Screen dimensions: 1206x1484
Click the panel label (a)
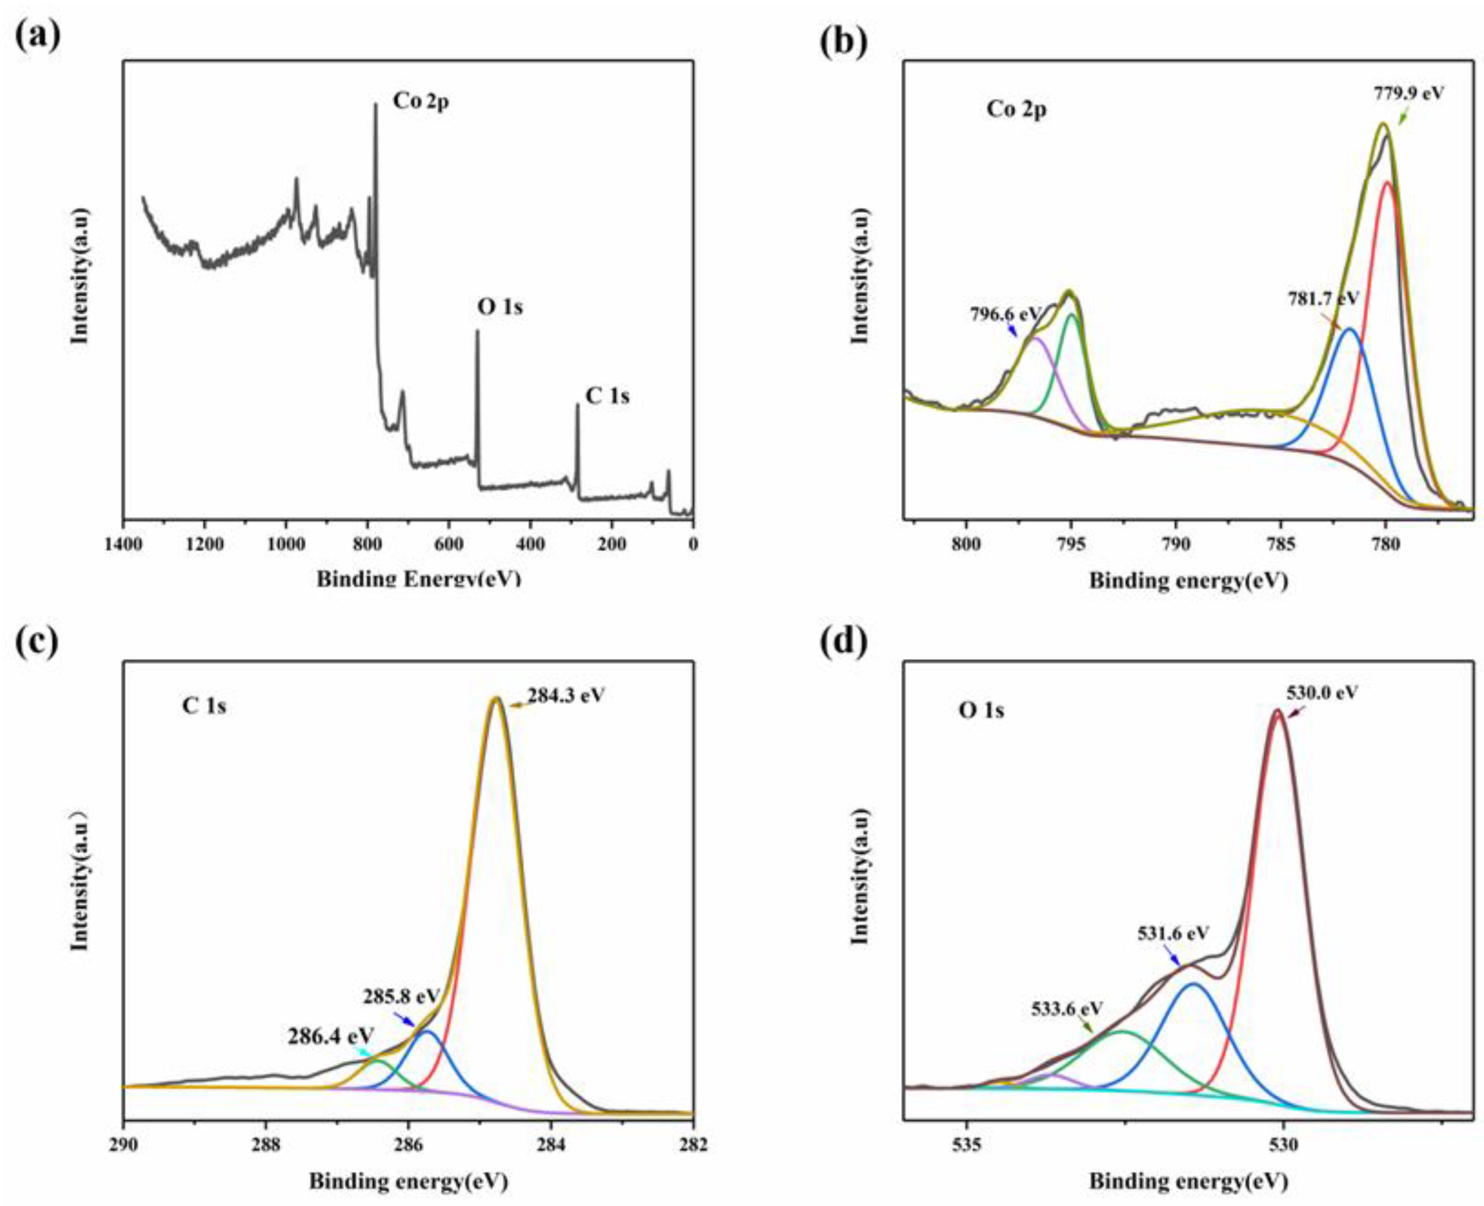[x=38, y=32]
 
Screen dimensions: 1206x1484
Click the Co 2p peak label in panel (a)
[x=420, y=102]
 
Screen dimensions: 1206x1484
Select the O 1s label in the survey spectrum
[x=500, y=306]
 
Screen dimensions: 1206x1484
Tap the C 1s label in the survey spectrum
[x=607, y=396]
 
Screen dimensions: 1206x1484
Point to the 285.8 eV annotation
[x=401, y=995]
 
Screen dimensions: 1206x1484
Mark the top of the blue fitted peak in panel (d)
[x=1193, y=984]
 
